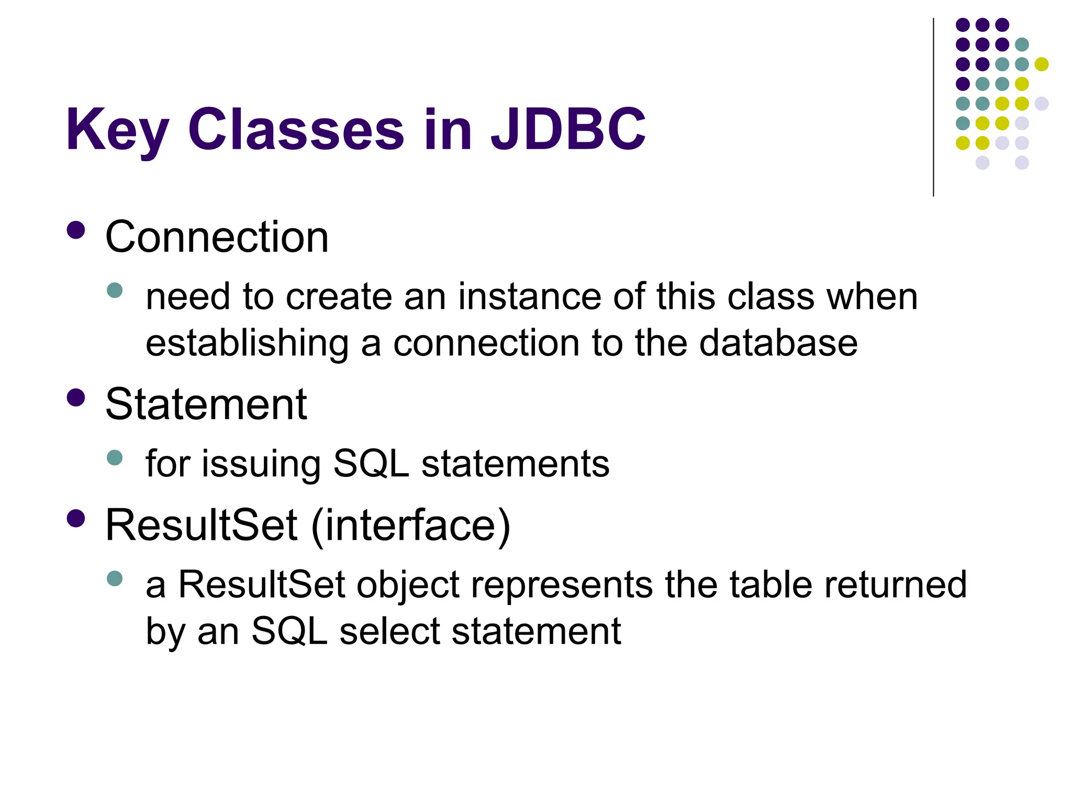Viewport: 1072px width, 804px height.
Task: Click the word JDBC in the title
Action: [x=568, y=129]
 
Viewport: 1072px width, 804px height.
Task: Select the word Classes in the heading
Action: [x=296, y=129]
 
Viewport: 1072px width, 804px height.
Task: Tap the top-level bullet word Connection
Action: [x=217, y=237]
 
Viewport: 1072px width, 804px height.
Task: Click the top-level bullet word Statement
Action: [x=206, y=405]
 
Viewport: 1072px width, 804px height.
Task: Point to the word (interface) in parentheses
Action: [x=410, y=525]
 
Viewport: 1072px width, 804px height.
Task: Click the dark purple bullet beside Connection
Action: [x=76, y=230]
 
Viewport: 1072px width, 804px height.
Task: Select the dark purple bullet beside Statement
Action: [x=76, y=398]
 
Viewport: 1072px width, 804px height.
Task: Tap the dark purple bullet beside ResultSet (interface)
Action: [x=76, y=518]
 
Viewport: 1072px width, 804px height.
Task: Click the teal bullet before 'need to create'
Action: [x=114, y=291]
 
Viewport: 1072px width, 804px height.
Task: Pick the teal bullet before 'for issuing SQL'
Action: [x=114, y=458]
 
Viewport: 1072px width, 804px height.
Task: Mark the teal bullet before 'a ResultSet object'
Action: [x=114, y=578]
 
